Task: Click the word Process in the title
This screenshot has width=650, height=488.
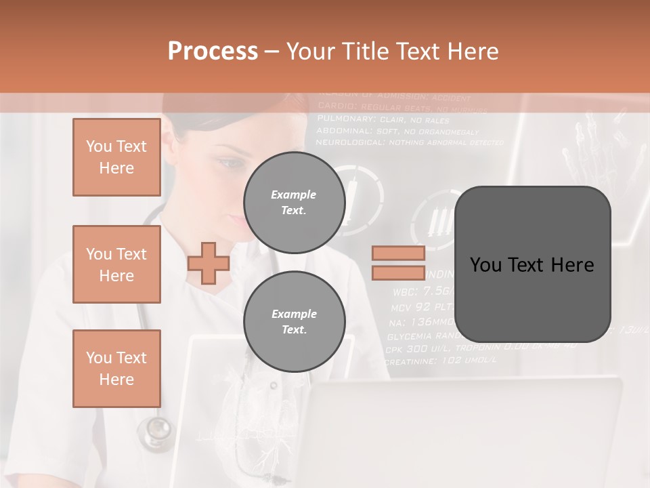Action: [213, 52]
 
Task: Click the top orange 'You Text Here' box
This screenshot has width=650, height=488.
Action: [116, 157]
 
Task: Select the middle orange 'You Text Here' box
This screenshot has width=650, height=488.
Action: [116, 264]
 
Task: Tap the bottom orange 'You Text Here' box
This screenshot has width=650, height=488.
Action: [116, 369]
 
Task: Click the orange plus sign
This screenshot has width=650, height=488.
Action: [209, 263]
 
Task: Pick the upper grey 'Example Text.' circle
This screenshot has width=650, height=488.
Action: [294, 203]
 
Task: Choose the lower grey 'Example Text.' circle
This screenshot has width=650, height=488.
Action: [294, 322]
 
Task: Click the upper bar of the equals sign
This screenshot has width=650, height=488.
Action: [398, 253]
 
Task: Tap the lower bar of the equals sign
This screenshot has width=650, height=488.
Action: [398, 273]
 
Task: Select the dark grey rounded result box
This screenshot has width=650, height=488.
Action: [532, 264]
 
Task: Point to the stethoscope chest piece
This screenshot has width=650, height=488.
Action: [158, 430]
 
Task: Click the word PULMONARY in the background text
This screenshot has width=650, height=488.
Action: [343, 119]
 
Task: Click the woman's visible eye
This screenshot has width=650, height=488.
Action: [230, 163]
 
